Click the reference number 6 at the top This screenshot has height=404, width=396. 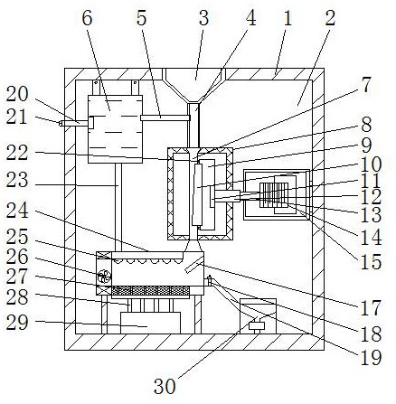coord(87,18)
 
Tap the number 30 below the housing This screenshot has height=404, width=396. coord(165,386)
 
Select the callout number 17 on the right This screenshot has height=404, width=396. coord(370,308)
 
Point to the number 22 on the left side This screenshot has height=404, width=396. coord(17,153)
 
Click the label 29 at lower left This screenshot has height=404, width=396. coord(17,322)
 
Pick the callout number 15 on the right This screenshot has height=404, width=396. coord(371,261)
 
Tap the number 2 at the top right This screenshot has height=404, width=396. coord(330,18)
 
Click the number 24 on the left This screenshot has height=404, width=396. coord(17,211)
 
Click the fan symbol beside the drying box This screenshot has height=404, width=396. coord(104,277)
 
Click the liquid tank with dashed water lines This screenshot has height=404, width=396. coord(115,129)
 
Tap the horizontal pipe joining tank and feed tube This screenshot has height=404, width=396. coord(165,117)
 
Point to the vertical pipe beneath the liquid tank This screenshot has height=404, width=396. coord(118,208)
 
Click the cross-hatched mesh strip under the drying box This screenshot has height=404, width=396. coord(151,291)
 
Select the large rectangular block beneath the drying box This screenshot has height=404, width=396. coord(150,323)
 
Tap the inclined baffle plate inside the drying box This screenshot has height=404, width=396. coord(193,266)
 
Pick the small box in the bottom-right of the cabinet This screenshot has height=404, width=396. coord(258,316)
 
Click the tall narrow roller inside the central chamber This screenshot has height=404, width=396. coord(197,194)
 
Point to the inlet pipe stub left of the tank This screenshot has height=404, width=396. coord(75,123)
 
